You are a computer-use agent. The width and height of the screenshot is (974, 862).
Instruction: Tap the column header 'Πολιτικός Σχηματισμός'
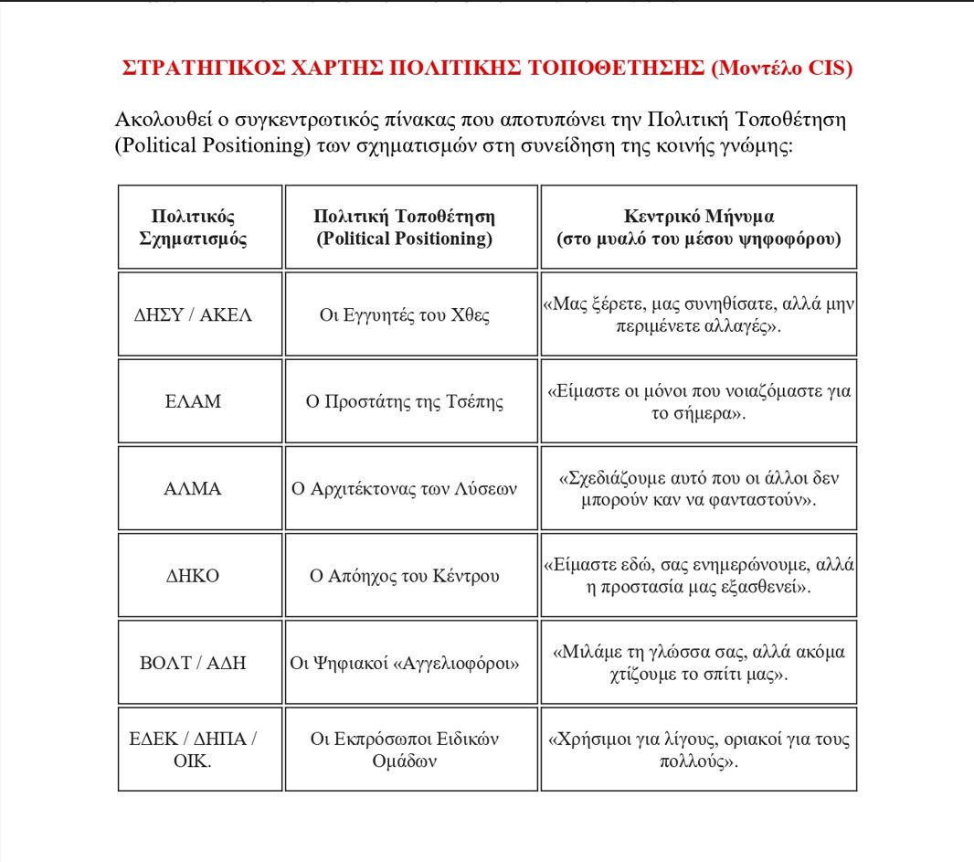[x=193, y=228]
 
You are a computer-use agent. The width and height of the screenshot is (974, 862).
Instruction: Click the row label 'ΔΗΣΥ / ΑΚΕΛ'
[x=193, y=315]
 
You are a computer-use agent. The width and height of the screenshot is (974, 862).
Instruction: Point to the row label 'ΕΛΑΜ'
[x=193, y=401]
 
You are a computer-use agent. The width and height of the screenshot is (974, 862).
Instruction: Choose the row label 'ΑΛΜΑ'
[x=193, y=489]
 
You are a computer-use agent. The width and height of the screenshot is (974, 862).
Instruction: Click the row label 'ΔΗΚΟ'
[x=193, y=576]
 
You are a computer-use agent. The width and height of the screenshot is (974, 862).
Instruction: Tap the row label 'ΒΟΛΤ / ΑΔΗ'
[x=193, y=663]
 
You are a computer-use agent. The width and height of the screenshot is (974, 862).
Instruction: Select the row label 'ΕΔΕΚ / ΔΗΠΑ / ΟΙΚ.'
[x=193, y=750]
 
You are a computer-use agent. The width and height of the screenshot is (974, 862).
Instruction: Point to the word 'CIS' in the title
[x=827, y=69]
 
